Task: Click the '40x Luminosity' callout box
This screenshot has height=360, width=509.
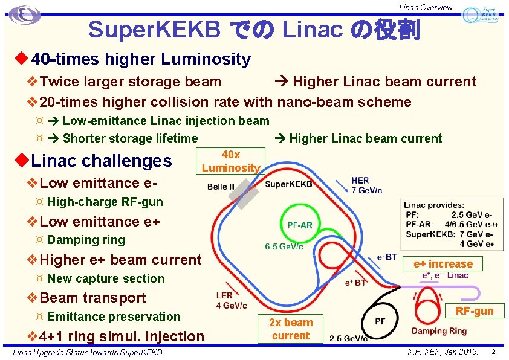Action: (231, 161)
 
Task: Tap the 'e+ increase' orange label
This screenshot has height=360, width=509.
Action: (443, 264)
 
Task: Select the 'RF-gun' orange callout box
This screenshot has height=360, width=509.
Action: (475, 311)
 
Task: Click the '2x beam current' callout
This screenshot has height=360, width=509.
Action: (291, 329)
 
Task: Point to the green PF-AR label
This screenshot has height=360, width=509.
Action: (300, 225)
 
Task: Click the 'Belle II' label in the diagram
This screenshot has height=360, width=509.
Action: (221, 187)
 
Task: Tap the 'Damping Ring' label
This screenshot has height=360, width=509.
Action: (439, 331)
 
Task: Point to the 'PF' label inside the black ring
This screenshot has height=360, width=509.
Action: (380, 321)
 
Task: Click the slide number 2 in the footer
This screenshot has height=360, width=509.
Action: (493, 352)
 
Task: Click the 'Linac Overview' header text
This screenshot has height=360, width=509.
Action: (426, 7)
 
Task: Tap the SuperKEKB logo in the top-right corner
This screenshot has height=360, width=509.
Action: (481, 16)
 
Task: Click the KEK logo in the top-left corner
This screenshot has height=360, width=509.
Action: (25, 15)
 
